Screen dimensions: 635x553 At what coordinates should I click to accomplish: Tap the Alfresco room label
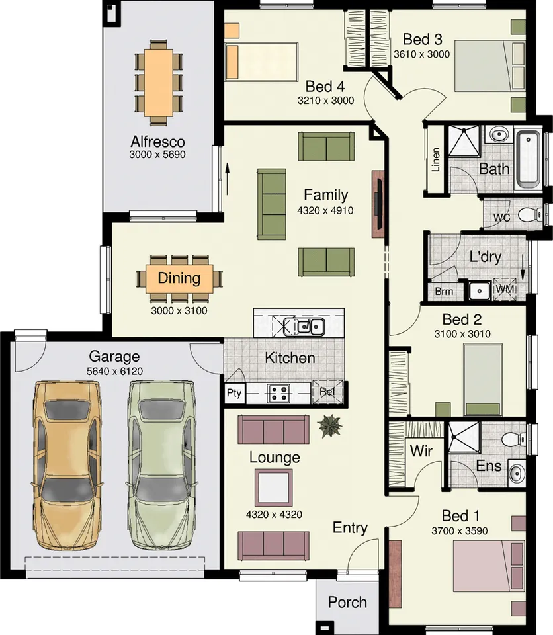click(x=157, y=142)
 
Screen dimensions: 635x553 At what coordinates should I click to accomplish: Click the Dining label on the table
click(x=179, y=277)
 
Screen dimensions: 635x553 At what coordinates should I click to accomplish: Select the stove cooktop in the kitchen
click(x=278, y=393)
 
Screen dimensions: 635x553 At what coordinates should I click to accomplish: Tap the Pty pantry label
click(x=234, y=393)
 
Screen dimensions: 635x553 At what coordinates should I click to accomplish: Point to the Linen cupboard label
click(x=435, y=159)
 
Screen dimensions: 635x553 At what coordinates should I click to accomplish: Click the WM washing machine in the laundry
click(x=505, y=289)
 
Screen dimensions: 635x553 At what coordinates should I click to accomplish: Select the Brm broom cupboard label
click(x=444, y=291)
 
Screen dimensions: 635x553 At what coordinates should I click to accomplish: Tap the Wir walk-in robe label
click(x=421, y=451)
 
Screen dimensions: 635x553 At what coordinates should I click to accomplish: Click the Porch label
click(x=347, y=602)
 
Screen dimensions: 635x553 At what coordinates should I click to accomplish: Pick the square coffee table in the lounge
click(x=275, y=487)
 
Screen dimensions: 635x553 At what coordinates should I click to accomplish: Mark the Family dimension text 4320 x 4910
click(x=325, y=211)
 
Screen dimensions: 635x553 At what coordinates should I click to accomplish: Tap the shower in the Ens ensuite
click(x=464, y=437)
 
